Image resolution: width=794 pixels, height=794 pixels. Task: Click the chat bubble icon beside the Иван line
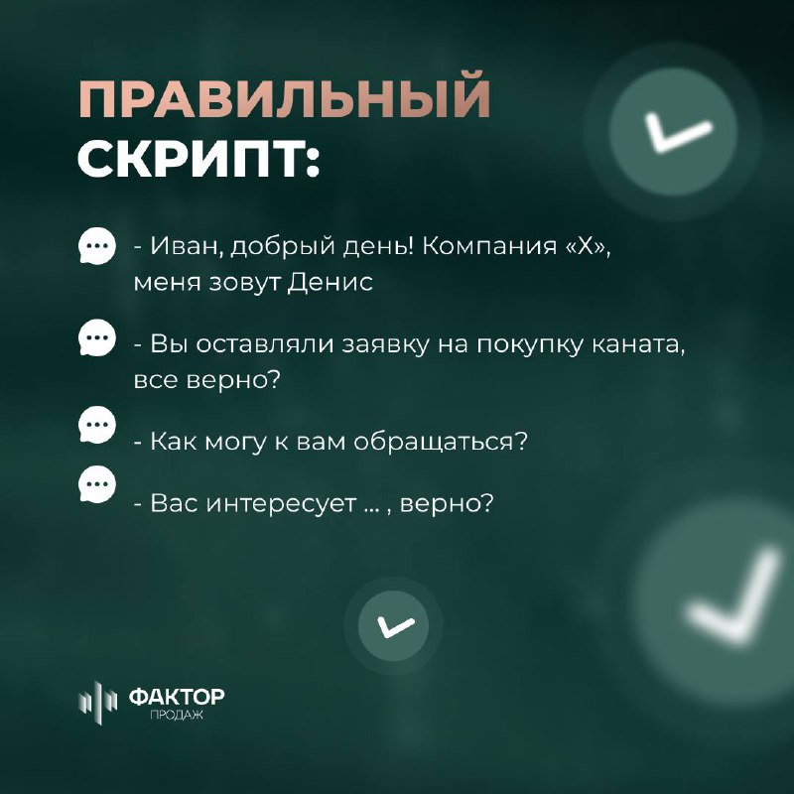point(96,246)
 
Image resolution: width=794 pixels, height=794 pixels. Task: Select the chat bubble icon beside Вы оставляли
point(96,337)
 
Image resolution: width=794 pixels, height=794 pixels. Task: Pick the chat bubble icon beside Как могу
point(96,425)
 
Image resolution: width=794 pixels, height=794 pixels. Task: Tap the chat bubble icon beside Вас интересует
point(96,484)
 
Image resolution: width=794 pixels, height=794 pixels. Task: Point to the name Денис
point(331,282)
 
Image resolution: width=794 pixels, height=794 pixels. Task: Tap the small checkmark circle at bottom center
point(393,626)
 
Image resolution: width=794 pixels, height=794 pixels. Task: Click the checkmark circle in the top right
point(673,132)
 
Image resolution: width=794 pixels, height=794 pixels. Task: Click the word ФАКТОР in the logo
point(177,697)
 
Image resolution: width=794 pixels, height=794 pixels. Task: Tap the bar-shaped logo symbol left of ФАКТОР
point(97,703)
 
